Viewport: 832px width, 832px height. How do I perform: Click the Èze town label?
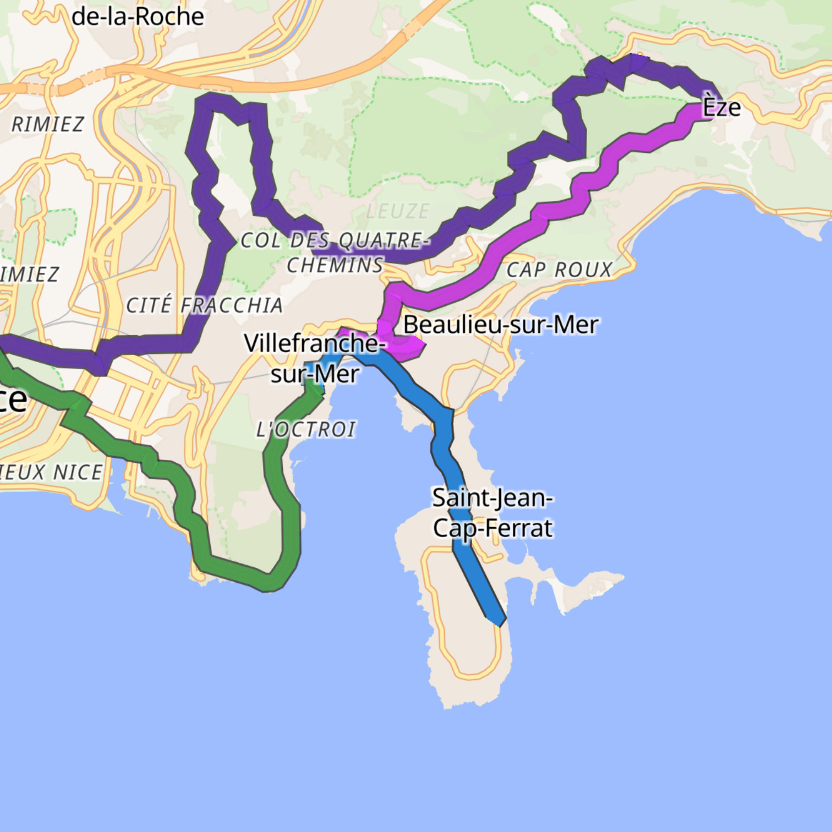click(x=721, y=107)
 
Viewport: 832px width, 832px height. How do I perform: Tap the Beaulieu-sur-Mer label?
click(x=500, y=325)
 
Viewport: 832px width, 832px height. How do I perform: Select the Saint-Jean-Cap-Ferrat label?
click(x=492, y=513)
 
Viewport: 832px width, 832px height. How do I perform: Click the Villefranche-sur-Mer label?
click(x=314, y=358)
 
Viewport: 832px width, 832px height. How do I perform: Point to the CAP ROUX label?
click(x=559, y=270)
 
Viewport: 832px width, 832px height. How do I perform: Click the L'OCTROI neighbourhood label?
click(x=306, y=429)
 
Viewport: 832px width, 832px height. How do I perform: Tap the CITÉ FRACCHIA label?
click(x=204, y=305)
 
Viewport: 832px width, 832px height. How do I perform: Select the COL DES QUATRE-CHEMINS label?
click(x=335, y=253)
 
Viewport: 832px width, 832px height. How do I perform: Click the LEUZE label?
click(x=398, y=211)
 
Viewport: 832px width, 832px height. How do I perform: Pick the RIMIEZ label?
click(x=48, y=124)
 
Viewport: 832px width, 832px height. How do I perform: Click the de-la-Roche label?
click(x=138, y=17)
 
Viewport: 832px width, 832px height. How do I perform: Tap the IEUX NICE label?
click(x=51, y=472)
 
